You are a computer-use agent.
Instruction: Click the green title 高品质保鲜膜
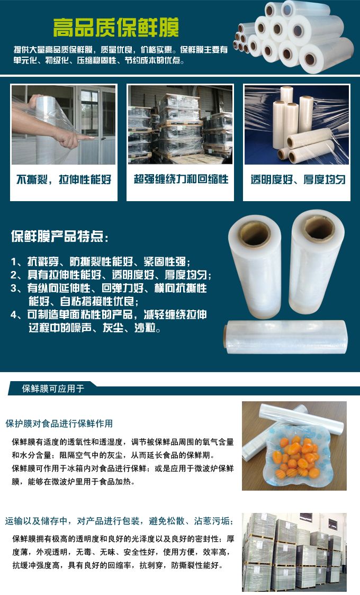[x=116, y=27]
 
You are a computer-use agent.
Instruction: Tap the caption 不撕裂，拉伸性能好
[x=64, y=179]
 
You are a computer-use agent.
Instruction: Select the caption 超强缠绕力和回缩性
[x=181, y=179]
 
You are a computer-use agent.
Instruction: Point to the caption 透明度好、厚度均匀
[x=298, y=179]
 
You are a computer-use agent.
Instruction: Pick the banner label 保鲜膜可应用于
[x=53, y=389]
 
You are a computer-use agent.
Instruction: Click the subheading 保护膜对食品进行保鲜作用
[x=59, y=423]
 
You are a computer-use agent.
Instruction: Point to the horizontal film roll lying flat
[x=286, y=336]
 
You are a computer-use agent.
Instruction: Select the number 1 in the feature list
[x=14, y=262]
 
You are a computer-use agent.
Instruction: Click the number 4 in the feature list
[x=14, y=314]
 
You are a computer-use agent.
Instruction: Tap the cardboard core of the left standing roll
[x=254, y=234]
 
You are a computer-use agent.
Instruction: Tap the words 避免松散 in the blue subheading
[x=167, y=521]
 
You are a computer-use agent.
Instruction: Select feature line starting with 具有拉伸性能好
[x=111, y=275]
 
